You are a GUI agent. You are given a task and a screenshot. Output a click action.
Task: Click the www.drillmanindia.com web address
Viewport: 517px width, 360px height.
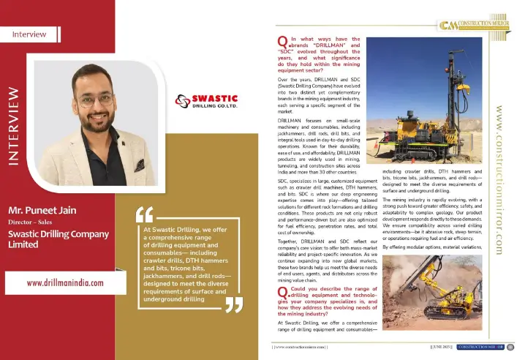[65, 282]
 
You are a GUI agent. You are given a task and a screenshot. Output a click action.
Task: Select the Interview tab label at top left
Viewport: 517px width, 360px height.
[30, 34]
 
